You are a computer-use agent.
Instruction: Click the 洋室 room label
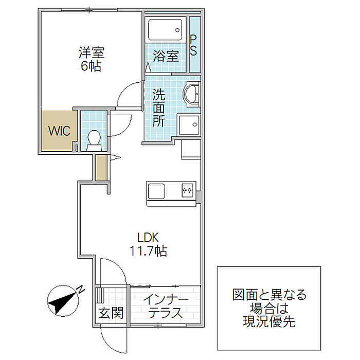pos(92,52)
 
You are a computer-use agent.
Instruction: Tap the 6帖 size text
pos(91,66)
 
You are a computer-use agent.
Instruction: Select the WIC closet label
pos(59,131)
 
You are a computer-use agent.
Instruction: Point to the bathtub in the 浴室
pos(165,30)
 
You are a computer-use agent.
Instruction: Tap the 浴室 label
pos(166,56)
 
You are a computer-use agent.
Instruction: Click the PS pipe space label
pos(193,45)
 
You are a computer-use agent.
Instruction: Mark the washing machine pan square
pos(189,125)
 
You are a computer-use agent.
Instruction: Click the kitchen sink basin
pos(156,191)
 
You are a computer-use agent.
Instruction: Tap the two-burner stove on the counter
pos(187,190)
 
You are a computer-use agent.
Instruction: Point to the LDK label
pos(148,238)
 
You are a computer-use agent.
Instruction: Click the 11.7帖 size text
pos(148,251)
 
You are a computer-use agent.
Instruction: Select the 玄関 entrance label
pos(111,313)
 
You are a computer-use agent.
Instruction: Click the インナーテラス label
pos(166,306)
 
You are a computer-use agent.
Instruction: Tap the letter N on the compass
pos(80,290)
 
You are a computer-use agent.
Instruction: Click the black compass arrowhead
pos(56,305)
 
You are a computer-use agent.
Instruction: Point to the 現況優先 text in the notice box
pos(269,321)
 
